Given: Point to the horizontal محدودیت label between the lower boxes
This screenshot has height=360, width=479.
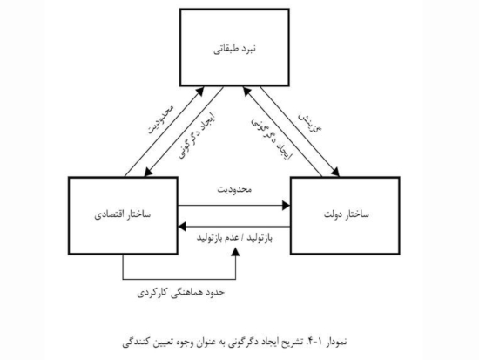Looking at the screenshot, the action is (x=234, y=189).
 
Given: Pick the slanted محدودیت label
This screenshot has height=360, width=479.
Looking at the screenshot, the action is (x=161, y=119).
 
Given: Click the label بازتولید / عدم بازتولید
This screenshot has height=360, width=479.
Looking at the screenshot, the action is (x=234, y=238).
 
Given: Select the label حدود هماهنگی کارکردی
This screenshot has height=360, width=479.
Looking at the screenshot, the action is (x=180, y=292).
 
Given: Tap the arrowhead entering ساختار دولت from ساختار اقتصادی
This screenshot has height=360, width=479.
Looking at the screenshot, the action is (x=287, y=206).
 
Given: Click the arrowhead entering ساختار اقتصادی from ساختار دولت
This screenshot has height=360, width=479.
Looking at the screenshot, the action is (x=182, y=227).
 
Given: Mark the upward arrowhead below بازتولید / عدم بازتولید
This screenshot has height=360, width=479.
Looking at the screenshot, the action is (x=235, y=251).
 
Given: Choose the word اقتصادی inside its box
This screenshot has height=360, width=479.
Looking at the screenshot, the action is (x=108, y=214).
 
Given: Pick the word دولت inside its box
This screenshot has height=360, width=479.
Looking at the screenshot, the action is (x=333, y=214).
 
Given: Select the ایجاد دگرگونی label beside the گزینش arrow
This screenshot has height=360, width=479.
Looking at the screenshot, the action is (x=272, y=139).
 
